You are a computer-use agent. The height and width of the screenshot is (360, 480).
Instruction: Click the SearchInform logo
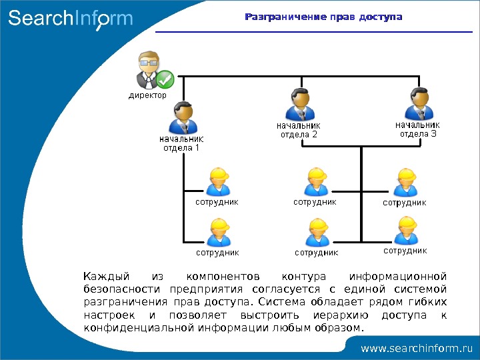click(x=70, y=19)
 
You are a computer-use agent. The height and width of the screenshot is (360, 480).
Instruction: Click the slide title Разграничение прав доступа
click(x=323, y=16)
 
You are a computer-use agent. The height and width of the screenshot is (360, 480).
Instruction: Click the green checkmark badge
click(x=165, y=81)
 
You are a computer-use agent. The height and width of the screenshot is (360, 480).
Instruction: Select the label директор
click(x=147, y=95)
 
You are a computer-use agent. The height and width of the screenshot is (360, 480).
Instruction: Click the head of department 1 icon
click(x=182, y=118)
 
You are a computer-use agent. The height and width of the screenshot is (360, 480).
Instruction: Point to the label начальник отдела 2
click(x=299, y=129)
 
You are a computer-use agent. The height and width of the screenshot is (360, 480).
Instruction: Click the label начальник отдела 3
click(x=417, y=129)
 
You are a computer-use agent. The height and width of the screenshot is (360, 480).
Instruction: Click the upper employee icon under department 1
click(x=218, y=181)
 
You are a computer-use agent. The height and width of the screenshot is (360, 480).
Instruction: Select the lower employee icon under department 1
click(x=218, y=233)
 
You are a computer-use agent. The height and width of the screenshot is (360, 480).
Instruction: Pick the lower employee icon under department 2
click(x=316, y=233)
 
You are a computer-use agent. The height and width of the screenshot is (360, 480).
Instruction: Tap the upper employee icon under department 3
click(x=405, y=182)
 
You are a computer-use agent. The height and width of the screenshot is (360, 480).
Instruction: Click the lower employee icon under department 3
click(x=405, y=231)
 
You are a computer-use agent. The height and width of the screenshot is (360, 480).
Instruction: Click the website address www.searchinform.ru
click(x=416, y=348)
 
